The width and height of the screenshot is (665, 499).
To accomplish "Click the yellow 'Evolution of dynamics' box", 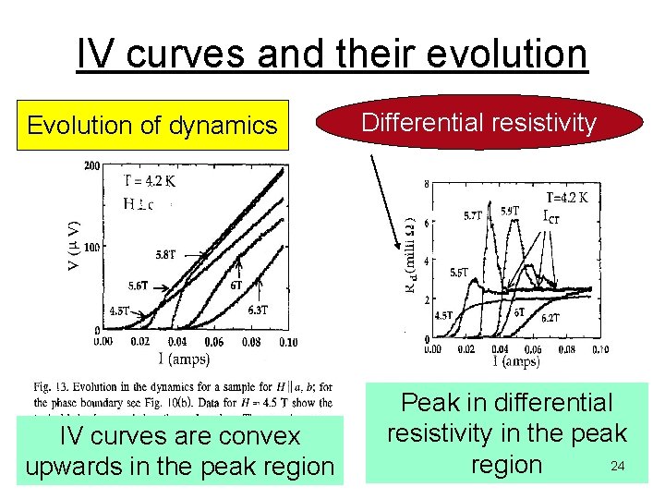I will [152, 125].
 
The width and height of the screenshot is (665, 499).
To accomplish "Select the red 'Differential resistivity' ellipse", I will [478, 123].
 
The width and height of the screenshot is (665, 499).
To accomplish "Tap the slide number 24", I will [617, 467].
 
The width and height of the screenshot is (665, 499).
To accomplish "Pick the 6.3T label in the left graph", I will [258, 310].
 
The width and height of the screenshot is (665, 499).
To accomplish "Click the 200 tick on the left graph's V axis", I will [91, 166].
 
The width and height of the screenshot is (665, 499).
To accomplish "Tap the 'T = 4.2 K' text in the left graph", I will [150, 181].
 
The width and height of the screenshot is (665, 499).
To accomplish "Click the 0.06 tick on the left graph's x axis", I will [212, 342].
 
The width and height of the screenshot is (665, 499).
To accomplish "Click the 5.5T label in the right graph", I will [458, 274].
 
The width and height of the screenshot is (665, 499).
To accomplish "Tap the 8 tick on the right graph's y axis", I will [426, 185].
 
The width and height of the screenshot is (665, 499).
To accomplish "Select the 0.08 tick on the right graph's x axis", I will [566, 349].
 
